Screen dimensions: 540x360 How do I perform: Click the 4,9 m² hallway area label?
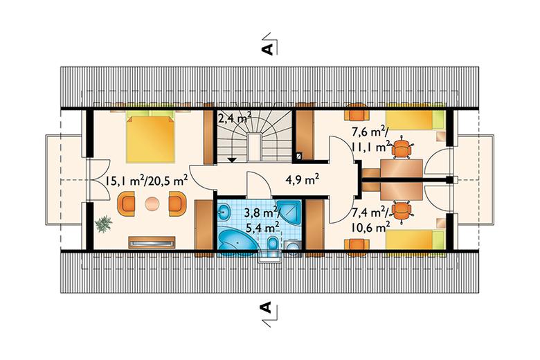point(302,179)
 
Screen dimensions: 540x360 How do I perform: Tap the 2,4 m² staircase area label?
point(234,118)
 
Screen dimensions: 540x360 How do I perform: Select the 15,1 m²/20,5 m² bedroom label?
point(146,180)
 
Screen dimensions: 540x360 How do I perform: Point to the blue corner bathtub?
point(237,241)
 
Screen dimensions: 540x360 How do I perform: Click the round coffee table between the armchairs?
point(152,204)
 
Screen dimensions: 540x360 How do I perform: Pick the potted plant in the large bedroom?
point(104,224)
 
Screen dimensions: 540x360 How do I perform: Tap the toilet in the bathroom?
point(273,245)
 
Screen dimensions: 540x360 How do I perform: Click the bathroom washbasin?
point(224,211)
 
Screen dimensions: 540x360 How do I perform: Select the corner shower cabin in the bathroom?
point(289,211)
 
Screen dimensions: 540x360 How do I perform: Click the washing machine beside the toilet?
point(293,247)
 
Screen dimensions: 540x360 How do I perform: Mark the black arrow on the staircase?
point(232,159)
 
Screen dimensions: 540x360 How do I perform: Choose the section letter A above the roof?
point(268,49)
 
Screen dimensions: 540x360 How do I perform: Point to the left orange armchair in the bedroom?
point(127,204)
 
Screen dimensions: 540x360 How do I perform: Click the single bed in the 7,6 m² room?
point(415,120)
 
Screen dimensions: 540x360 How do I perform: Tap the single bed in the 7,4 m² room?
point(415,240)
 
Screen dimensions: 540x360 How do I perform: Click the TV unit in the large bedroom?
point(152,242)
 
